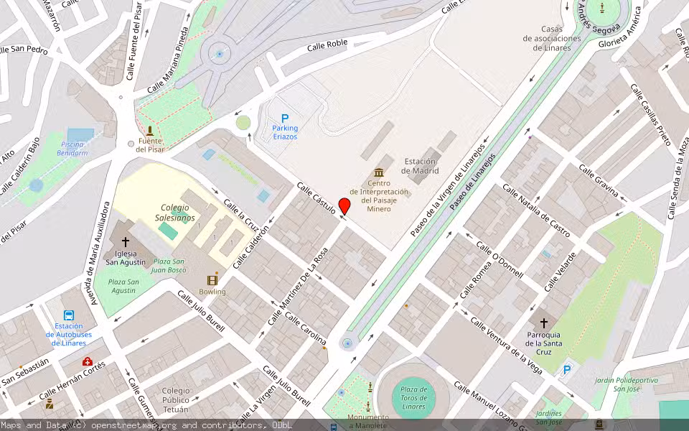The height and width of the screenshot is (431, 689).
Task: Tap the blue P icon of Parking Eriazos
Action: [285, 118]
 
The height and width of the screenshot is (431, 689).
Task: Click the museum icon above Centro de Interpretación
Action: [379, 172]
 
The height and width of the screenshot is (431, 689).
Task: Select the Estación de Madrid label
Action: [421, 166]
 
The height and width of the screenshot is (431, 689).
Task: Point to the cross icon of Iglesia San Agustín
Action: [126, 242]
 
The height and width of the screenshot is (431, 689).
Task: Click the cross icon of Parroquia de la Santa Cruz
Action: [543, 323]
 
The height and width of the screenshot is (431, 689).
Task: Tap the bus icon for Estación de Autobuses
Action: [69, 315]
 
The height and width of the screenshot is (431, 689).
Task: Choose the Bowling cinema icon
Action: [212, 280]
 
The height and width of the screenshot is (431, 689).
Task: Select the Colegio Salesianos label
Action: [174, 213]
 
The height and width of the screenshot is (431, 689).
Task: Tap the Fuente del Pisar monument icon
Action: [150, 131]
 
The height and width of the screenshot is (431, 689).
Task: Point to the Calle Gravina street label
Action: [599, 181]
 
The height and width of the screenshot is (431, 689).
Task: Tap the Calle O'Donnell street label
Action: [500, 259]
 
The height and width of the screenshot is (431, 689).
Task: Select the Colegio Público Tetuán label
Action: [177, 401]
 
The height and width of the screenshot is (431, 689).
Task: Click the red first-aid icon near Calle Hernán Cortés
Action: [87, 362]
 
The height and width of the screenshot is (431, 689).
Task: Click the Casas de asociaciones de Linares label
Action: [552, 38]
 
